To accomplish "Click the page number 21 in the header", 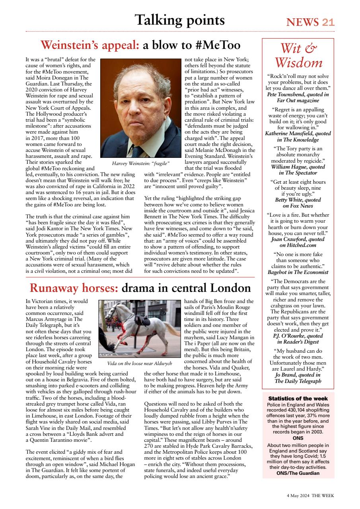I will (328, 22).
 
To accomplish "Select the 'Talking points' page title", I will (179, 20).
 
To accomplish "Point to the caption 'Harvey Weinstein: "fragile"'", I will (141, 163).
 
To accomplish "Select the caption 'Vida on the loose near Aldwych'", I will (139, 363).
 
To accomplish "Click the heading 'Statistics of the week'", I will (298, 398).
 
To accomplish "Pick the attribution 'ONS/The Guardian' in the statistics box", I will (298, 473).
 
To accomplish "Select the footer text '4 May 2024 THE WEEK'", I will (310, 496).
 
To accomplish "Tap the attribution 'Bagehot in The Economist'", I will (298, 272).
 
